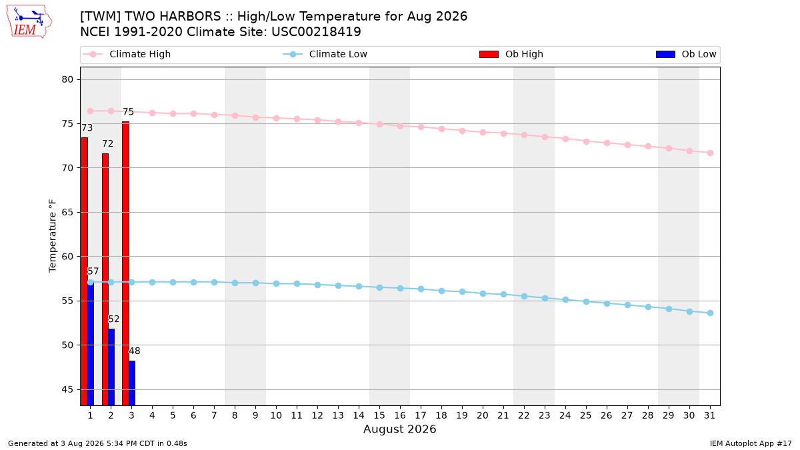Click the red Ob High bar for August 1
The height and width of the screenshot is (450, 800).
pyautogui.click(x=84, y=271)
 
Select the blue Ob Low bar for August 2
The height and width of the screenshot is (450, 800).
pyautogui.click(x=111, y=367)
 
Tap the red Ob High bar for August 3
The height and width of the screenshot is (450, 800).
pyautogui.click(x=126, y=263)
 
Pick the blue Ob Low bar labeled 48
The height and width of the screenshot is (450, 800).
pyautogui.click(x=132, y=383)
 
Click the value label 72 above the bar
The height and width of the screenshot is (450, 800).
pyautogui.click(x=107, y=143)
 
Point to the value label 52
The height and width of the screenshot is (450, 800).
pyautogui.click(x=113, y=319)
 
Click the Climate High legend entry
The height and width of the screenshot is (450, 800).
pyautogui.click(x=127, y=54)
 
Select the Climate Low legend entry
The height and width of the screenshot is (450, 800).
pyautogui.click(x=325, y=54)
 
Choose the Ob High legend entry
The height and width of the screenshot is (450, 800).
pyautogui.click(x=511, y=54)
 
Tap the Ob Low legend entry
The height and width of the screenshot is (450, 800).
pyautogui.click(x=686, y=54)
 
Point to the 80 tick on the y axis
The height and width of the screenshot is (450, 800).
pyautogui.click(x=67, y=79)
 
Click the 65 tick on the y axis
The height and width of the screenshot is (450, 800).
pyautogui.click(x=67, y=212)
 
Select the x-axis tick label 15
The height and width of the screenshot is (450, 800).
pyautogui.click(x=379, y=415)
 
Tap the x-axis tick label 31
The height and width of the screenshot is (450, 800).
pyautogui.click(x=709, y=415)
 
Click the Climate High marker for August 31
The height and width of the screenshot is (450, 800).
pyautogui.click(x=710, y=153)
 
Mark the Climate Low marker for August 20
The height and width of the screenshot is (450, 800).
pyautogui.click(x=483, y=293)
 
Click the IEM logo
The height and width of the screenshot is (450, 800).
pyautogui.click(x=29, y=22)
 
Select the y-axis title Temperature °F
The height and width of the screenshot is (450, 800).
pyautogui.click(x=53, y=236)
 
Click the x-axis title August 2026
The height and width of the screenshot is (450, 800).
pyautogui.click(x=399, y=429)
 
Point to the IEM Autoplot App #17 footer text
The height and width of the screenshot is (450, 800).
pyautogui.click(x=751, y=443)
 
